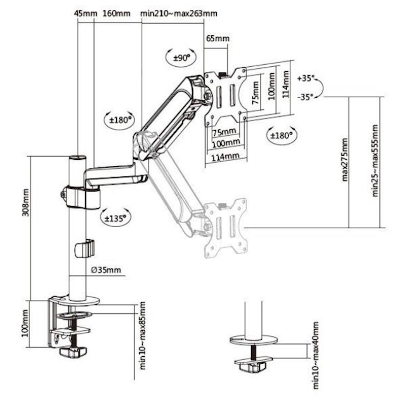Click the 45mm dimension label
pyautogui.click(x=86, y=13)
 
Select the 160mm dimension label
pyautogui.click(x=116, y=13)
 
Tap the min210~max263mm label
pyautogui.click(x=179, y=13)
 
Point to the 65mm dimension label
pyautogui.click(x=218, y=38)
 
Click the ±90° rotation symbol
pyautogui.click(x=181, y=57)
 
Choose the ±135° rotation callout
pyautogui.click(x=116, y=218)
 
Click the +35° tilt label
pyautogui.click(x=306, y=78)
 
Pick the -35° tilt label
pyautogui.click(x=306, y=97)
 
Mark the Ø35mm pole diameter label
pyautogui.click(x=106, y=270)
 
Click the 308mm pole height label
pyautogui.click(x=26, y=202)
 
